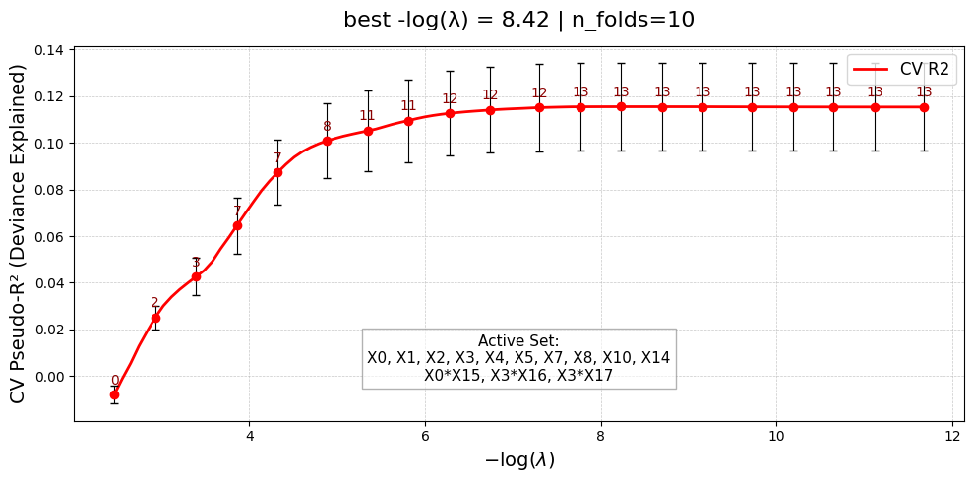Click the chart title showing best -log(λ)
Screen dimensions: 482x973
tap(518, 20)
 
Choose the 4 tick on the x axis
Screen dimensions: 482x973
tap(250, 436)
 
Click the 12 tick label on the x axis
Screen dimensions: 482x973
tap(951, 436)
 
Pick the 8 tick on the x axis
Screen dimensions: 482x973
tap(601, 436)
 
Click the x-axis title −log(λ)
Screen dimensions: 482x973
tap(518, 460)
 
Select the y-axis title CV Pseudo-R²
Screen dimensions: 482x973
tap(18, 233)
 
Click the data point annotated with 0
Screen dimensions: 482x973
tap(114, 394)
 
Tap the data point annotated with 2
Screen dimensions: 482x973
tap(155, 318)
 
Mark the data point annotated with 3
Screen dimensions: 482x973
tap(196, 276)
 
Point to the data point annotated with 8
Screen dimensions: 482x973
tap(327, 141)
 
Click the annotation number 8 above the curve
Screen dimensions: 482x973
tap(327, 127)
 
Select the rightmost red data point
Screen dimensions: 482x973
tap(924, 107)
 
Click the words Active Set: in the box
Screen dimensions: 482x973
tap(518, 341)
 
